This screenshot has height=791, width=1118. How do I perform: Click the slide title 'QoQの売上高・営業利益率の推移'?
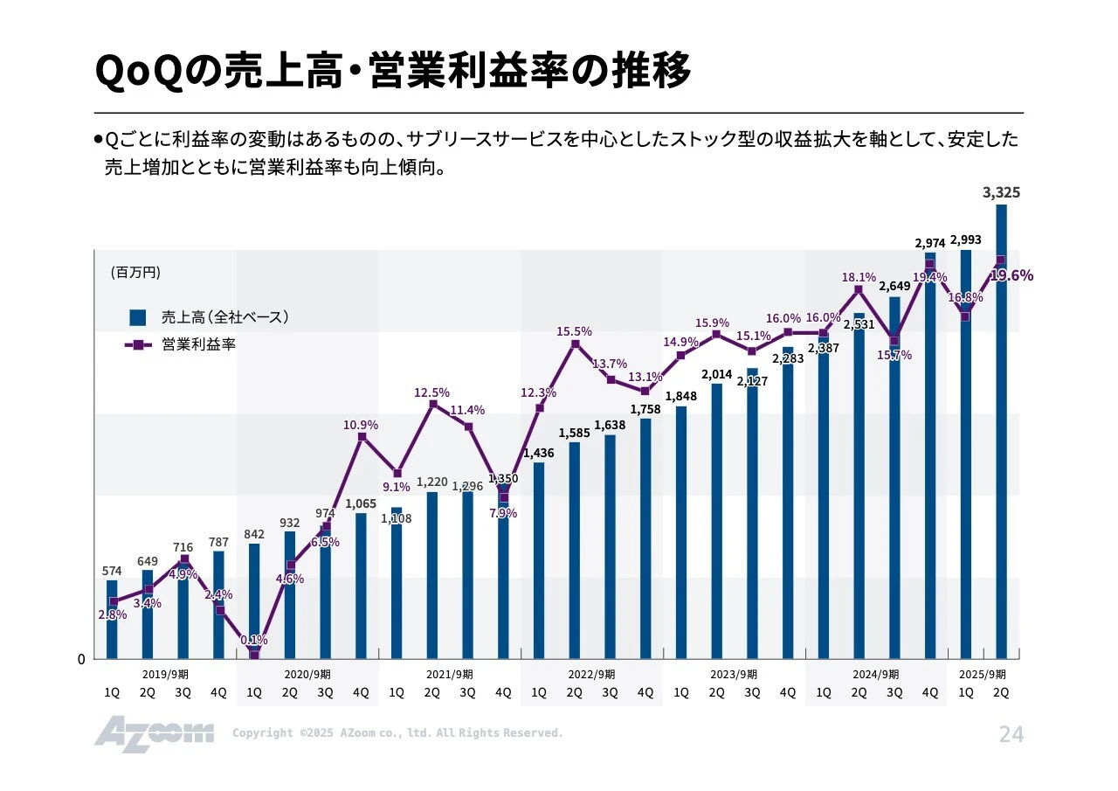coord(392,72)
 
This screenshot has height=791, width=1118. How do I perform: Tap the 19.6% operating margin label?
coord(1011,275)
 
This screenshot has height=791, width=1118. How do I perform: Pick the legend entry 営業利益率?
coord(198,344)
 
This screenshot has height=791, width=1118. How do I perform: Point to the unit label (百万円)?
coord(135,273)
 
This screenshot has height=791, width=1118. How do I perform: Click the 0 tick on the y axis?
coord(81,660)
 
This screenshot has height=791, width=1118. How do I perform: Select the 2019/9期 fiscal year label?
coord(164,674)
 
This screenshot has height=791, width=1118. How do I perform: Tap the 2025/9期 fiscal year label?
coord(983,674)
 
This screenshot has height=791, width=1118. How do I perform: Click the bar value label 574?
coord(112,571)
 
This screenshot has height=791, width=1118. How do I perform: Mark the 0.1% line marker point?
coord(254,655)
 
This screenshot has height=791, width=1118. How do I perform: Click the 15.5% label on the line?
coord(574,331)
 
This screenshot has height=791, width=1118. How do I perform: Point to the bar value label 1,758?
coord(645,408)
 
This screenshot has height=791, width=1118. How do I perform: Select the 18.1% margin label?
coord(859,277)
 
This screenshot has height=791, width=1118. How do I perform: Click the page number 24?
coord(1011,735)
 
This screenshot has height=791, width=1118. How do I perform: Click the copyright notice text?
coord(397,733)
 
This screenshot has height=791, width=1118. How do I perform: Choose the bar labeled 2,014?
coord(717,520)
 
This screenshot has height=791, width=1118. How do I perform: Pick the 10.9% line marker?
coord(362,436)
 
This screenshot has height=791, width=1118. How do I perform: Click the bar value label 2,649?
coord(894,286)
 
